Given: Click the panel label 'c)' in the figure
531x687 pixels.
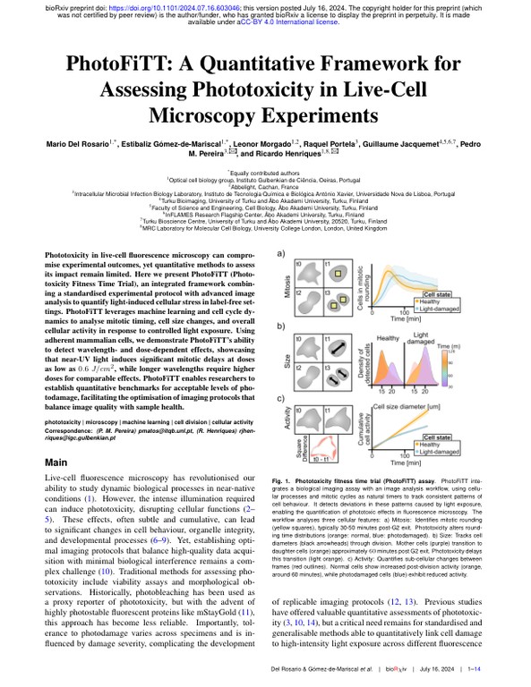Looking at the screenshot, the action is (x=281, y=398).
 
